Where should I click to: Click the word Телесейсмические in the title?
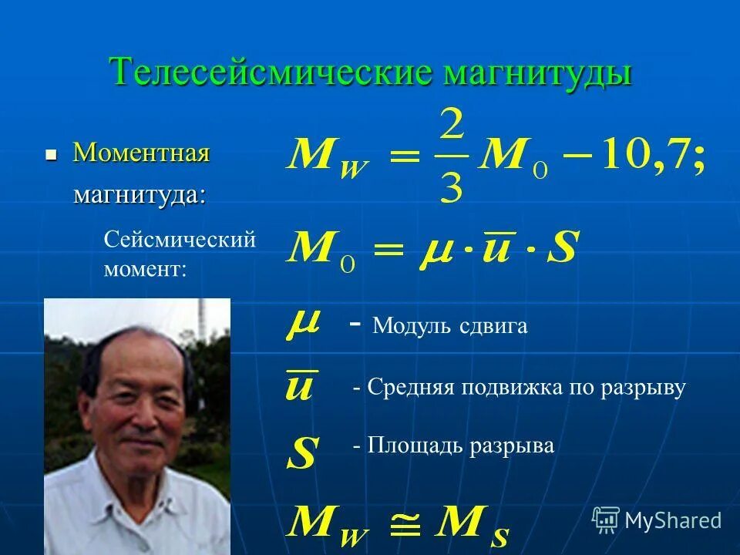(x=273, y=72)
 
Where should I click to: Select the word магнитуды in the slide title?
(x=538, y=72)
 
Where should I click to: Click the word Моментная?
(x=141, y=153)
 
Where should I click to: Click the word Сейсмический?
(x=179, y=240)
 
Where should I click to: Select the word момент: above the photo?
(x=145, y=270)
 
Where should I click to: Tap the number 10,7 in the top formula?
(x=644, y=156)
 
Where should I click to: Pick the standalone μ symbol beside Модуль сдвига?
(x=303, y=325)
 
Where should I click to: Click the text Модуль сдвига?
(x=450, y=326)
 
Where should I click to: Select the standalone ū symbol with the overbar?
(x=299, y=385)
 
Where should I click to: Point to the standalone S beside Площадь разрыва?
(x=301, y=453)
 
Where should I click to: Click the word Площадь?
(x=413, y=446)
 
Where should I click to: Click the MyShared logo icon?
(x=606, y=520)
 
